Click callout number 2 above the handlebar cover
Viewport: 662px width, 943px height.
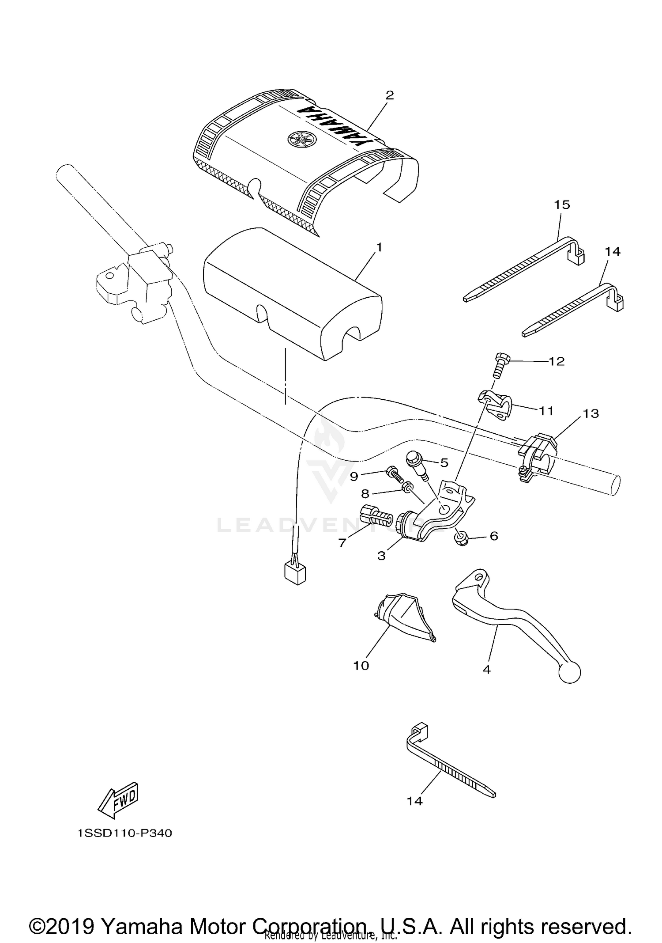point(389,95)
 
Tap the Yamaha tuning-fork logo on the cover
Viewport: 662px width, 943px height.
point(299,139)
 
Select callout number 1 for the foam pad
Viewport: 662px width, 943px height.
point(378,247)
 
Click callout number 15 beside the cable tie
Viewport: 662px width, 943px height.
point(562,205)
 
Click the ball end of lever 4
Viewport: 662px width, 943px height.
point(570,673)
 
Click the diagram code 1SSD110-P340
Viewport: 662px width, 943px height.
point(124,833)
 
